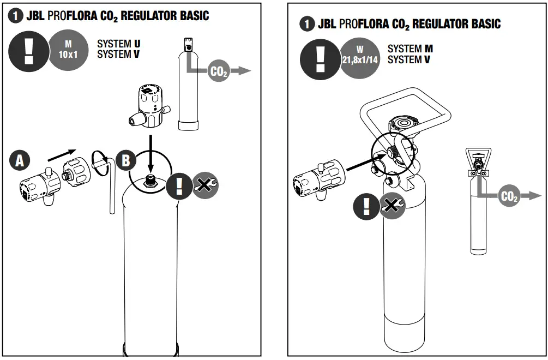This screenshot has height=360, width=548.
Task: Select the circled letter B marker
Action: pos(126,160)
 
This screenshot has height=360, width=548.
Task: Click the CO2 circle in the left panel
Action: pos(219,71)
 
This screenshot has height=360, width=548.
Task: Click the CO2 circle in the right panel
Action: pos(509,196)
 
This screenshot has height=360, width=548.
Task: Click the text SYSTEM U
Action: pos(118,43)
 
